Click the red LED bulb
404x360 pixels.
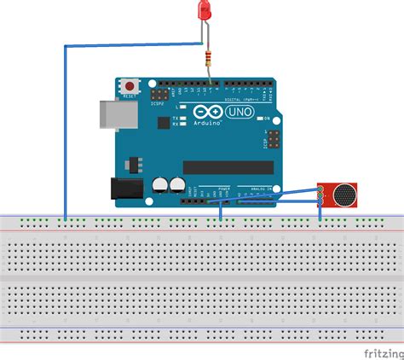pos(205,11)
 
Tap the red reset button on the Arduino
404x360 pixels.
pos(130,86)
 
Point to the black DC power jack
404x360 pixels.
pos(124,191)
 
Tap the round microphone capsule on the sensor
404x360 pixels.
pos(343,195)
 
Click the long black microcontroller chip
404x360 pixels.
pos(228,167)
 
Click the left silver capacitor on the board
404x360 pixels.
pos(160,184)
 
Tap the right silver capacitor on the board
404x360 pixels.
pos(176,184)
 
